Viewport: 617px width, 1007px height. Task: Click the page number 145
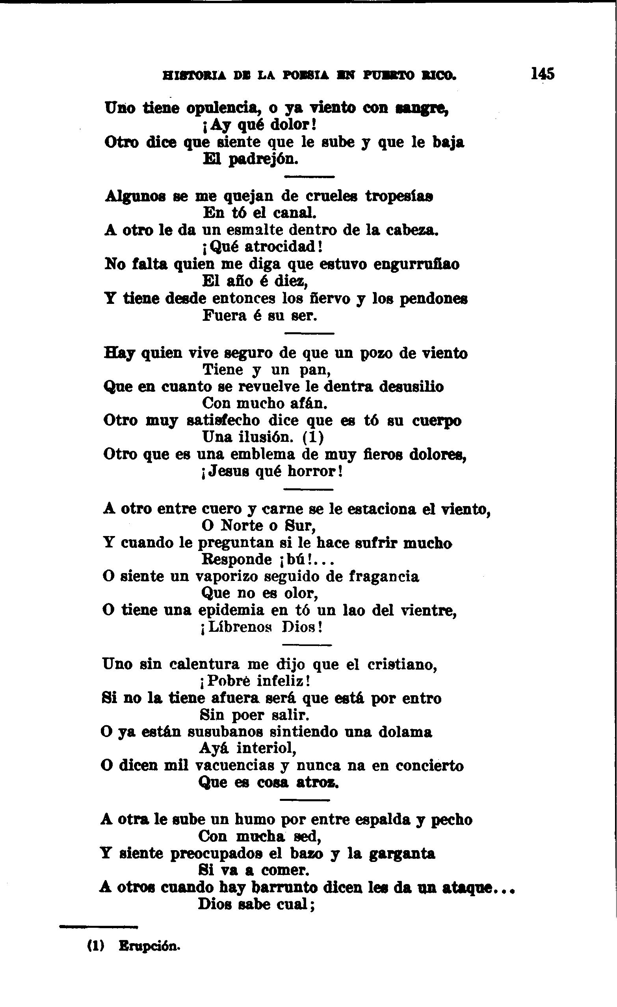pyautogui.click(x=543, y=74)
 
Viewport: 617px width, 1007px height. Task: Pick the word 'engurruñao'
pyautogui.click(x=416, y=264)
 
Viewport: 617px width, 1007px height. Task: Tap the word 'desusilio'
pyautogui.click(x=412, y=387)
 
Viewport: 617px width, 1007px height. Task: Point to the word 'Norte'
pyautogui.click(x=242, y=525)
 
